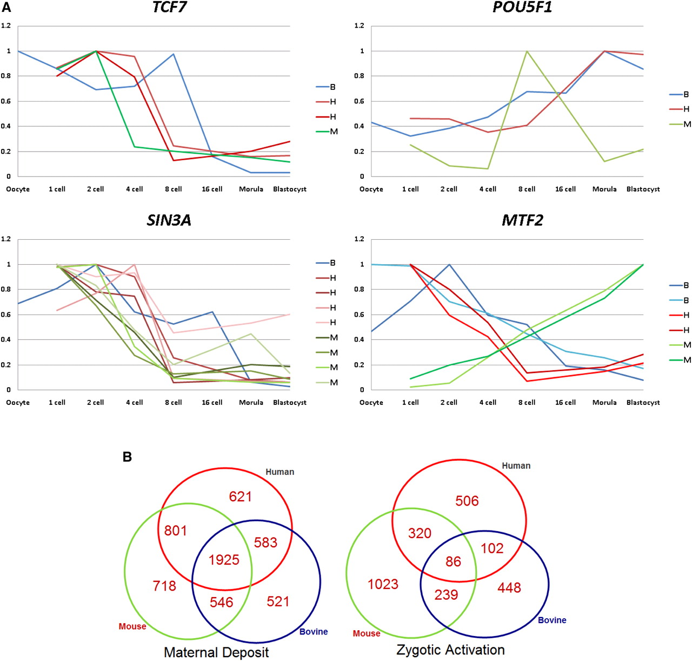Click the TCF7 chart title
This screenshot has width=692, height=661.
click(x=169, y=8)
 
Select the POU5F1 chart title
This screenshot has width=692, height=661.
click(x=522, y=8)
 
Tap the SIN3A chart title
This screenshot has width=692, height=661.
click(x=169, y=220)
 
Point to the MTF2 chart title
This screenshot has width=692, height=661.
click(x=522, y=220)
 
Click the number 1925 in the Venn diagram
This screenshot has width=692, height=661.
click(x=224, y=560)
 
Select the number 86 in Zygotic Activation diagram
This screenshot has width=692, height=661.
click(x=453, y=561)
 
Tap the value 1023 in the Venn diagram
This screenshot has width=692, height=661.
click(x=383, y=584)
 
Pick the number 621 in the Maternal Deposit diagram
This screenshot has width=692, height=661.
click(x=240, y=496)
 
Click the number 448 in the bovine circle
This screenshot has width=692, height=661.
click(x=509, y=588)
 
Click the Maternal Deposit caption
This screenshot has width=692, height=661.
click(x=216, y=652)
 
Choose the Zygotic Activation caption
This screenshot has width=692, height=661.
click(x=450, y=650)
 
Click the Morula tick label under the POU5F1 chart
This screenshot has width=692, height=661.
click(x=604, y=189)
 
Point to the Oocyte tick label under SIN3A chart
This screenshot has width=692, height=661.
click(x=18, y=402)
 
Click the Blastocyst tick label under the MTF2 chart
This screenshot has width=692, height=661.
click(x=643, y=402)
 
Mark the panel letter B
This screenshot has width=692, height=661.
click(x=127, y=457)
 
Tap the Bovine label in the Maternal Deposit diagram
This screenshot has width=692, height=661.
click(x=314, y=632)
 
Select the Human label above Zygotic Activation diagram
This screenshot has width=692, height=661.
click(x=516, y=466)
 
